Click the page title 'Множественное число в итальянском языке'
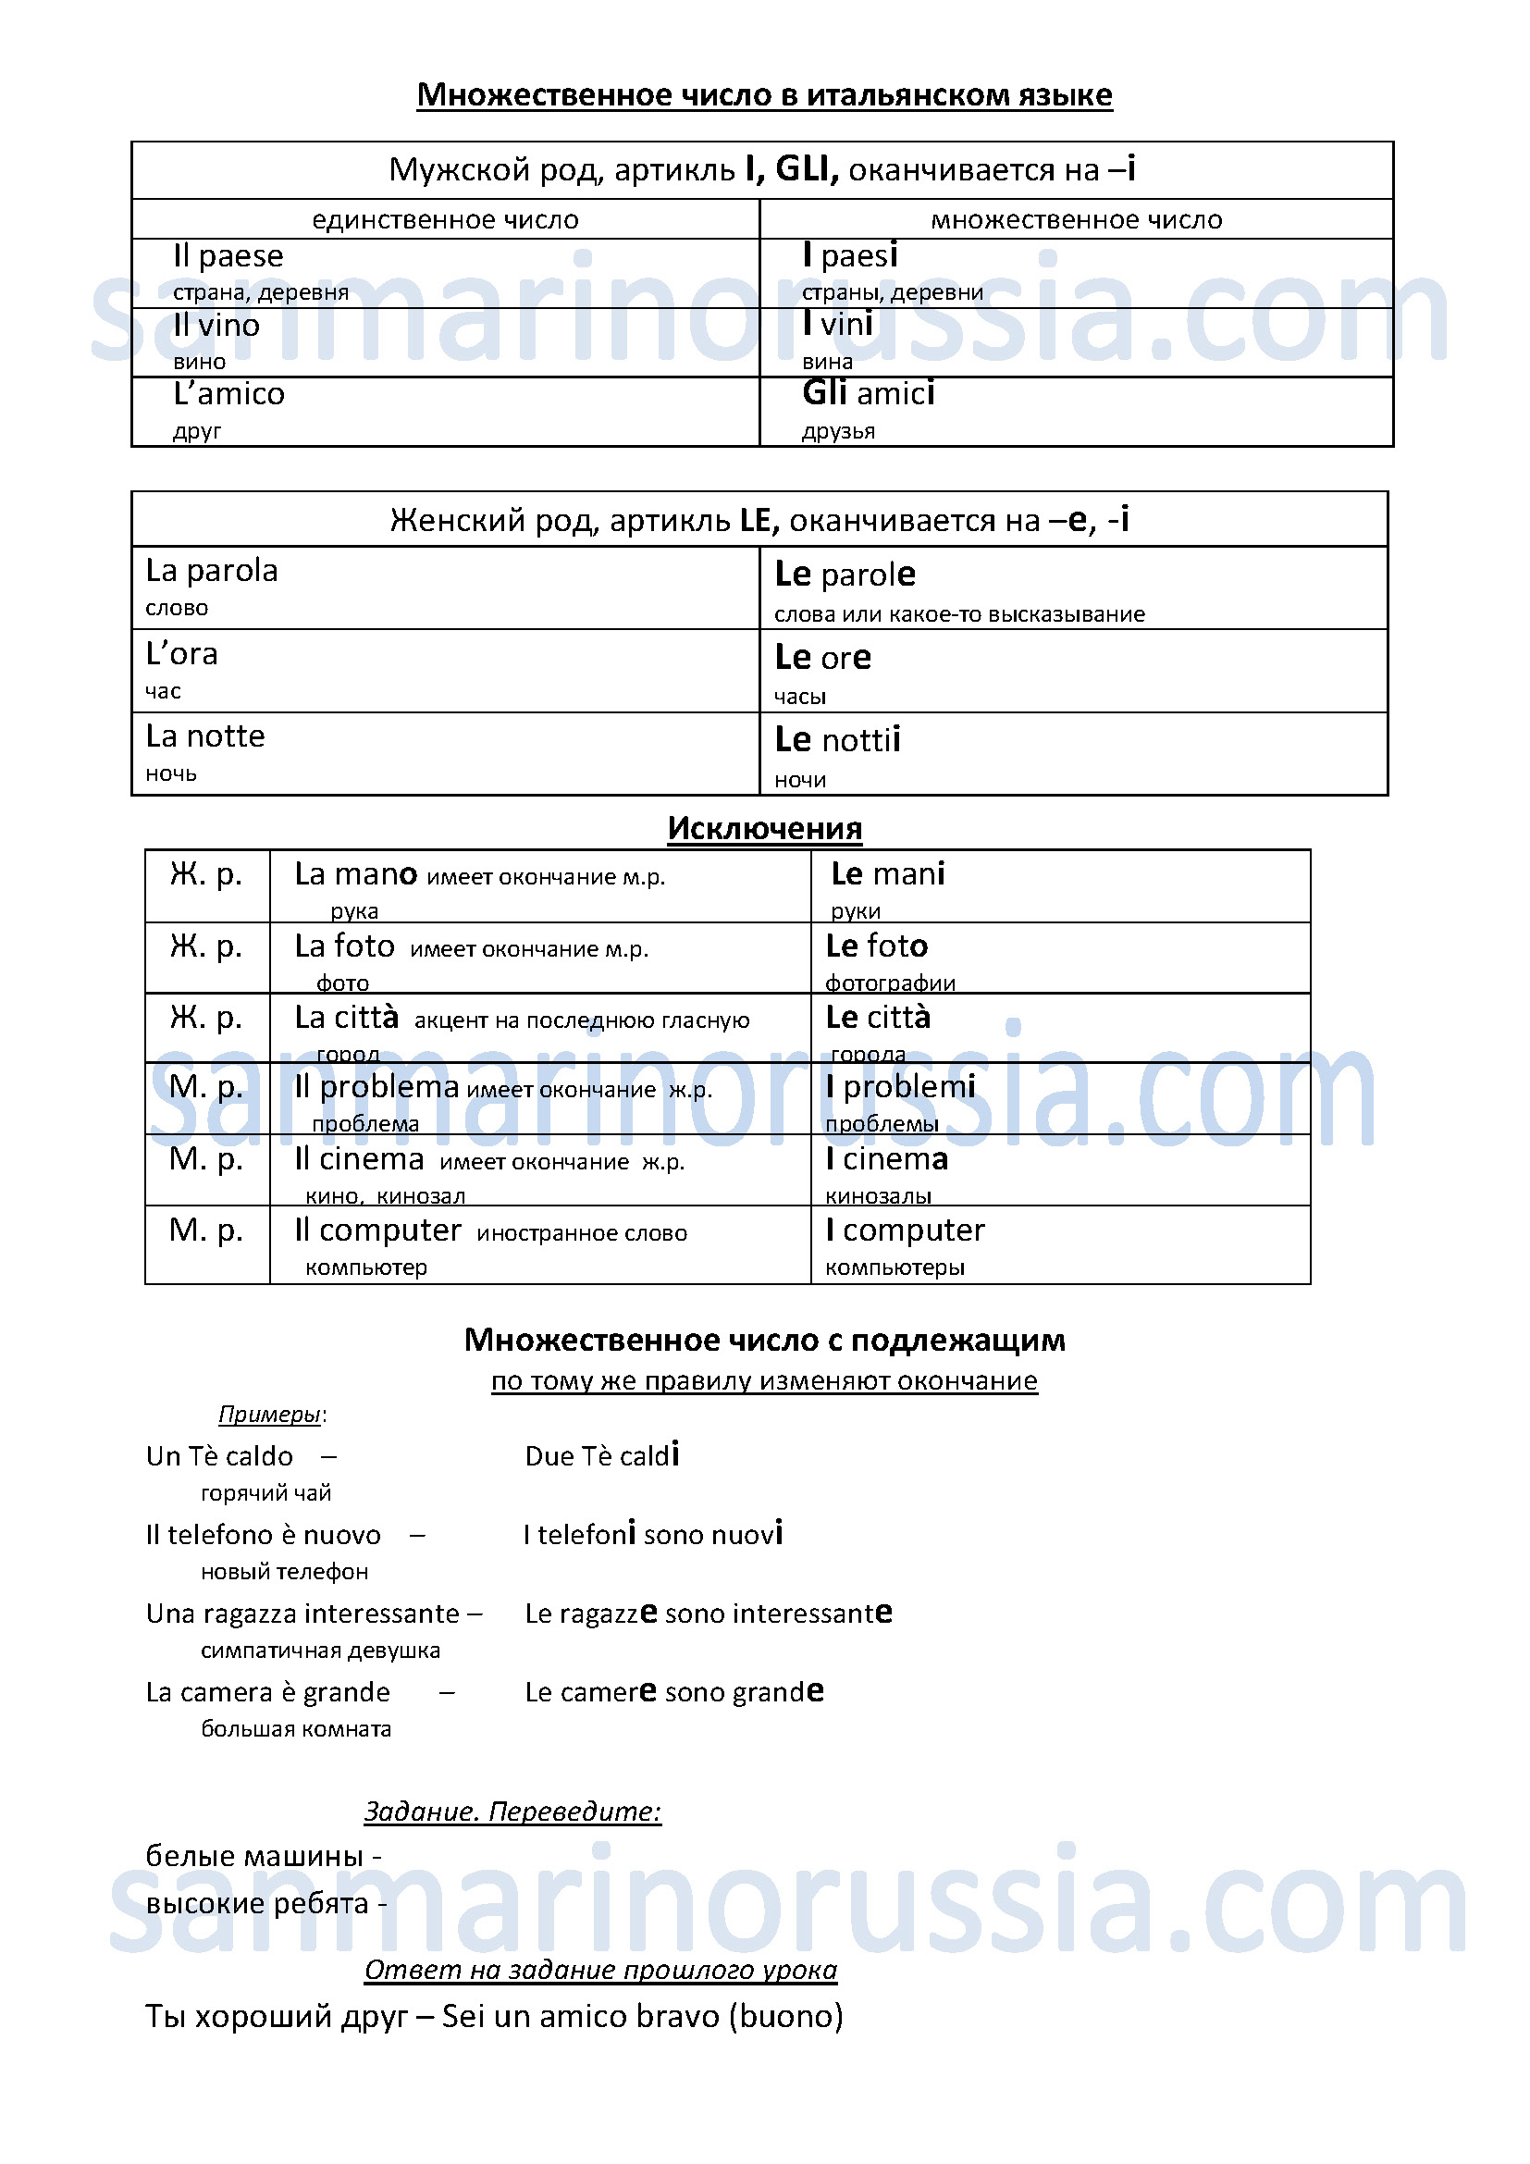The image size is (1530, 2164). pos(764,95)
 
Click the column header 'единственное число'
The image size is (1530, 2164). pos(445,220)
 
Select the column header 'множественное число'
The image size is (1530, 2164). pos(1076,220)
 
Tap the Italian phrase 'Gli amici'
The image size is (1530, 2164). pos(868,393)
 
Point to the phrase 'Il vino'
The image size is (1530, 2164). pos(216,325)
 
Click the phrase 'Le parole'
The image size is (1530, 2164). pos(845,574)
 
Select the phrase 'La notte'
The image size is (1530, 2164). pos(205,736)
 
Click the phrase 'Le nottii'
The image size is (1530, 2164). pos(836,740)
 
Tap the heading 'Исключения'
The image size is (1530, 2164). pos(764,828)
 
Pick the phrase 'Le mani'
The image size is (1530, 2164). pos(887,874)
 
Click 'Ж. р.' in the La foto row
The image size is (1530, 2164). pos(206,946)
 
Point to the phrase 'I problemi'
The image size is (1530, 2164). pos(900,1087)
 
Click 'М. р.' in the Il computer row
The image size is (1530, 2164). pos(206,1230)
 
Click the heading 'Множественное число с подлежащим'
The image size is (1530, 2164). pos(764,1341)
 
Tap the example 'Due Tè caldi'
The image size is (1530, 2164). pos(602,1456)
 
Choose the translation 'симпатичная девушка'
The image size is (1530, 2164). pos(320,1651)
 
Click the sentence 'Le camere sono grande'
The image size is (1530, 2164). pos(673,1692)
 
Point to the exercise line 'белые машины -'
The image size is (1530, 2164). pos(264,1856)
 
